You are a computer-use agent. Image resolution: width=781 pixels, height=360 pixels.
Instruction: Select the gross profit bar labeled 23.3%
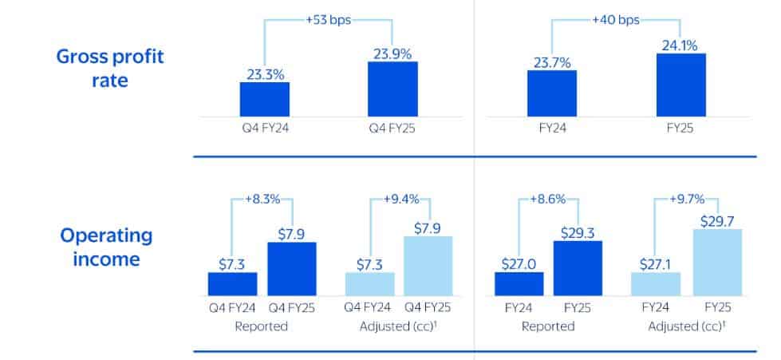click(264, 99)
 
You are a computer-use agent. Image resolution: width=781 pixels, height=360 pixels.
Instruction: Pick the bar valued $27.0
click(519, 283)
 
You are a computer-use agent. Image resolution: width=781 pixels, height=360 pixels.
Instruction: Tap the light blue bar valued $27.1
click(656, 283)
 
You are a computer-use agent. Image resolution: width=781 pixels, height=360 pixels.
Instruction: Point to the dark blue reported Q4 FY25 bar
click(291, 268)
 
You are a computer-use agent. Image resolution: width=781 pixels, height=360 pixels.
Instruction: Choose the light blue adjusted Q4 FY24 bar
click(369, 283)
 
